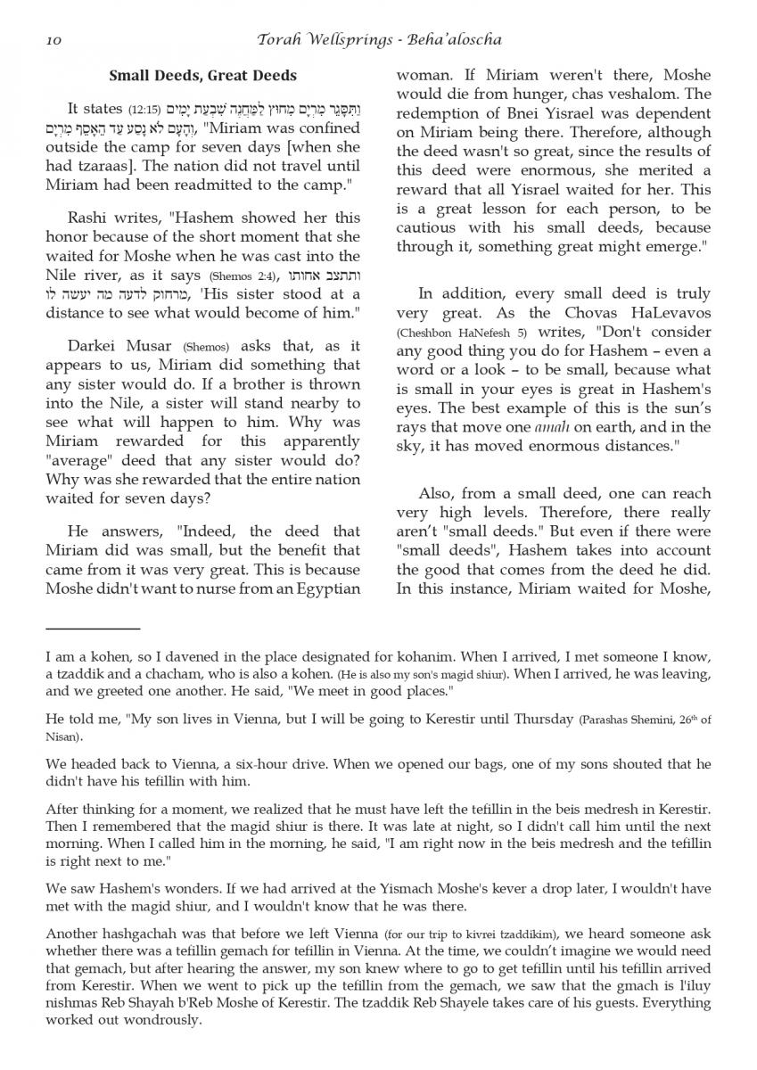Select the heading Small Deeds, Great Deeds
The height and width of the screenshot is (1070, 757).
pyautogui.click(x=202, y=76)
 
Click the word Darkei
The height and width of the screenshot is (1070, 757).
pyautogui.click(x=91, y=345)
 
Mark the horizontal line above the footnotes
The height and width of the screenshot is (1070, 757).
pyautogui.click(x=93, y=630)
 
